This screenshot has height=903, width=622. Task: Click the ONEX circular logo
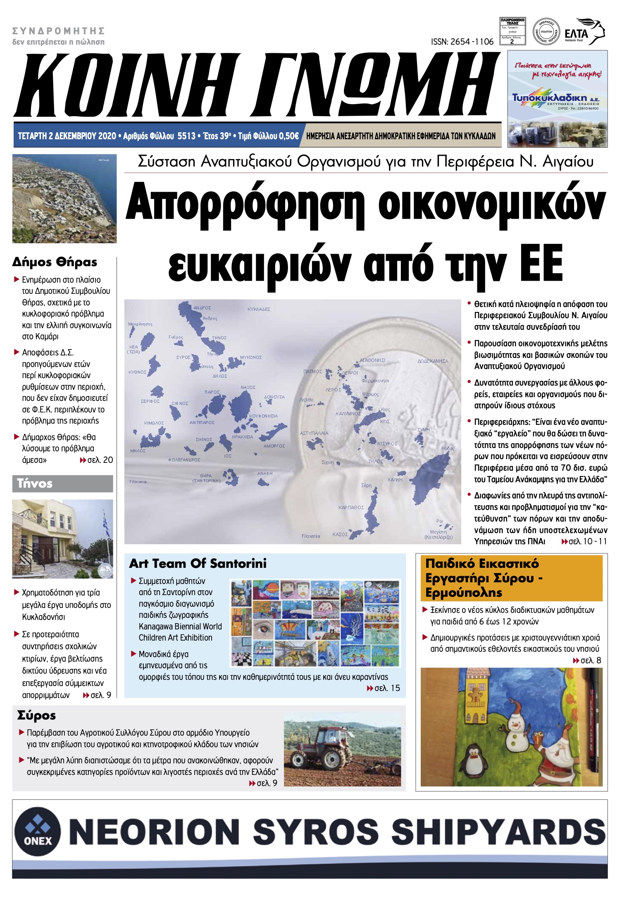[38, 831]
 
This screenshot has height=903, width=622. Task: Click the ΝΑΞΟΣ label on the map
[248, 387]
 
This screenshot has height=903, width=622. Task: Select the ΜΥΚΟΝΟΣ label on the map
[251, 357]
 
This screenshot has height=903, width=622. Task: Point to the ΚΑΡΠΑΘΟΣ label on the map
[351, 507]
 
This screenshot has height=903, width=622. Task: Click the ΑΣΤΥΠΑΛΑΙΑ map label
[314, 433]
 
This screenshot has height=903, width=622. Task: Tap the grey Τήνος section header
[62, 484]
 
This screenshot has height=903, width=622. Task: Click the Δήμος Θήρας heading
[55, 262]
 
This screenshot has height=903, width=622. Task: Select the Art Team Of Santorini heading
[198, 563]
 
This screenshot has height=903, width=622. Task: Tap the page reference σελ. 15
[387, 688]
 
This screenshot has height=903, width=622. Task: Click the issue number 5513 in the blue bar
[186, 136]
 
